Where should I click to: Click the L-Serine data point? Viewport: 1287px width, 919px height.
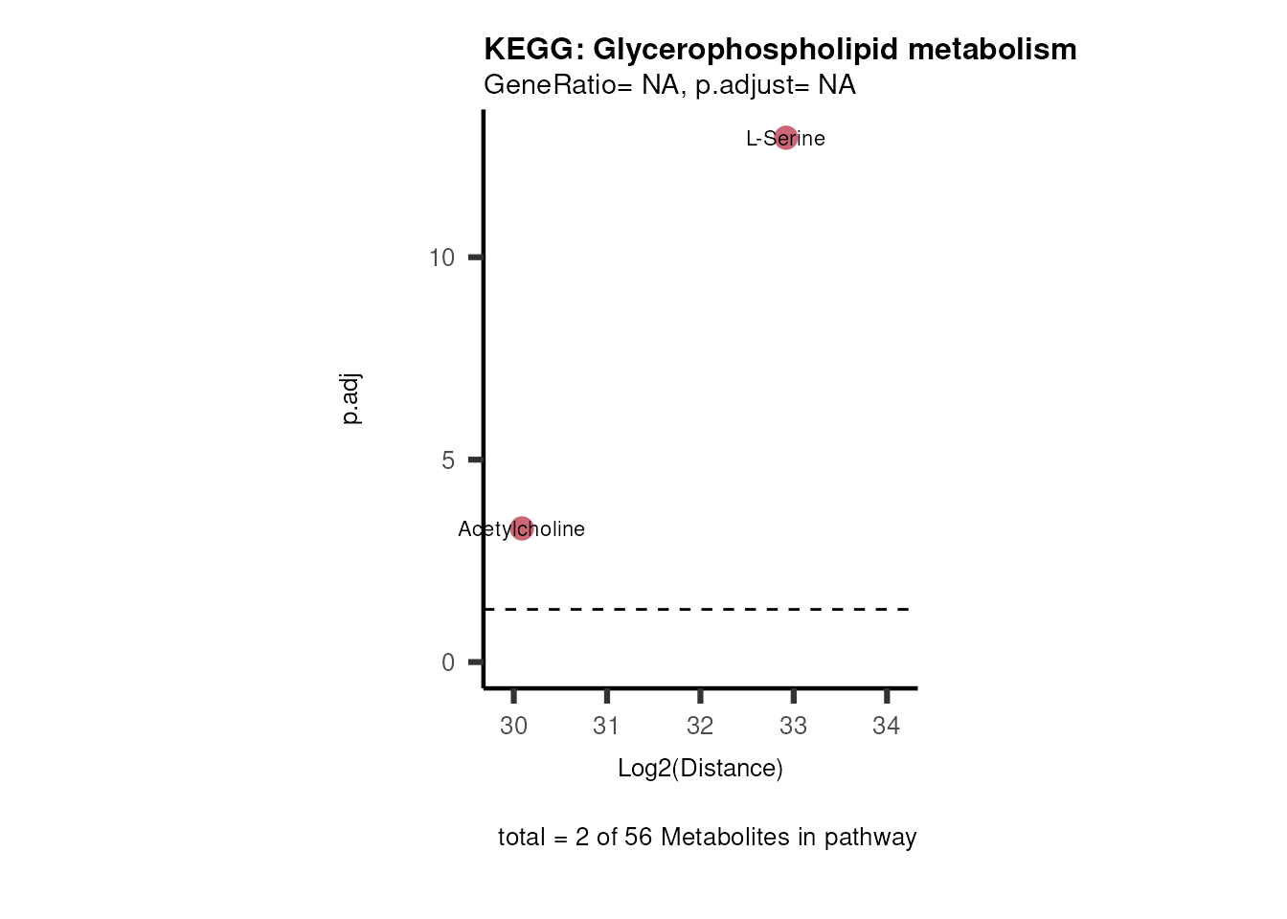[x=785, y=138]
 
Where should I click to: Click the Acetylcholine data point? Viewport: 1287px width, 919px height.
[x=521, y=527]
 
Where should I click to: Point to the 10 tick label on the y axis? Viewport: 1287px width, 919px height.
[x=441, y=258]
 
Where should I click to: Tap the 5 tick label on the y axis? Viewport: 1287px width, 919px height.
[x=448, y=460]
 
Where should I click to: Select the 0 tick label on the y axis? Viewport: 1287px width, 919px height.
[x=448, y=662]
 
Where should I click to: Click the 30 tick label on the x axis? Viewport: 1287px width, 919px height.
[x=513, y=726]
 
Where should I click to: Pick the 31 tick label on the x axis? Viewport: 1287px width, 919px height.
[x=606, y=726]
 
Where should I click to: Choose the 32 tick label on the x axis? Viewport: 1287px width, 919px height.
[x=700, y=726]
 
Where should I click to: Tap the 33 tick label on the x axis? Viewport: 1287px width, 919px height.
[x=793, y=726]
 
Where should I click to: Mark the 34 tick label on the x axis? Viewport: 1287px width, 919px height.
[x=886, y=726]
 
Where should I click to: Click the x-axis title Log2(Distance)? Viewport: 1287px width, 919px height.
[x=700, y=768]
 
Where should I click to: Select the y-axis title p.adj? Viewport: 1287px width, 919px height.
[x=350, y=399]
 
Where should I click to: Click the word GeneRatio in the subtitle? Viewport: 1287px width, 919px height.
[x=550, y=85]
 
